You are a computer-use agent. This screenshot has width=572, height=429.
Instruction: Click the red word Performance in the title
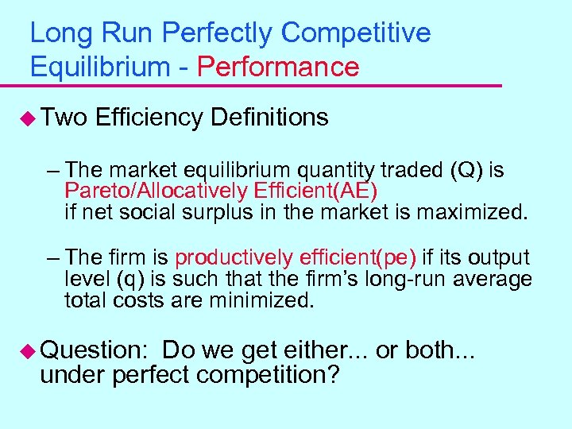pos(278,67)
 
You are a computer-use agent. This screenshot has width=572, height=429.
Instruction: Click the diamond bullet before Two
pos(27,118)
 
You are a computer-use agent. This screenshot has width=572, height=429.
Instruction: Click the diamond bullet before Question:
pos(27,350)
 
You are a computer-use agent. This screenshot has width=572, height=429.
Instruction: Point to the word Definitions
pos(269,118)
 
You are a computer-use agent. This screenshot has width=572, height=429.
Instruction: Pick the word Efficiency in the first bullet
pos(149,118)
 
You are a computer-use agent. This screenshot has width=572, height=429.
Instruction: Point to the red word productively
pos(234,258)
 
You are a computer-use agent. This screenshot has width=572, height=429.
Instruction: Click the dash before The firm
pos(53,258)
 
